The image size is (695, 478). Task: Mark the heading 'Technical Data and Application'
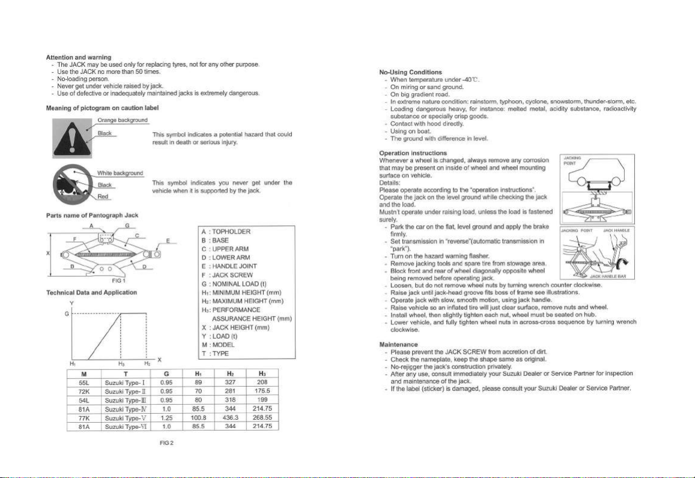89,292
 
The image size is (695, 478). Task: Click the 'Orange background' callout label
123,120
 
